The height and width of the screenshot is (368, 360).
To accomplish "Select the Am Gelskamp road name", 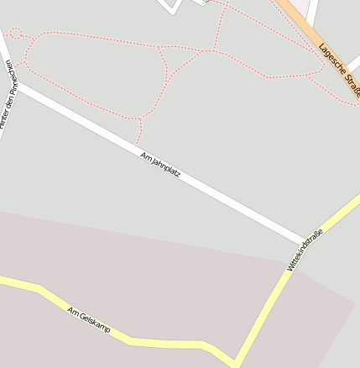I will click(89, 320).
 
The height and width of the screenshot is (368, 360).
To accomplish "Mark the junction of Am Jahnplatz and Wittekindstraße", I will click(304, 241).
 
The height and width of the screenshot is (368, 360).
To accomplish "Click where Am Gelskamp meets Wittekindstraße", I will click(236, 362).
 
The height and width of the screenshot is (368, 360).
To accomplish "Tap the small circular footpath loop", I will click(15, 34).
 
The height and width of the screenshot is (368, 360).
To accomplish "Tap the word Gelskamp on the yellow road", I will click(94, 323).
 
